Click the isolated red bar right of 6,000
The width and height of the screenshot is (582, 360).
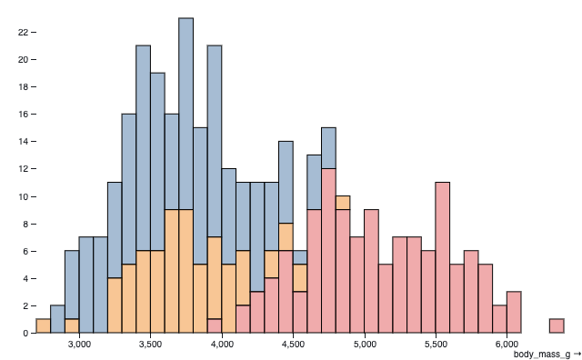pos(557,325)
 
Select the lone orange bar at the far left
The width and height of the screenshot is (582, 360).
pos(44,325)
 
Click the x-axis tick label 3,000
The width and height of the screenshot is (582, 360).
pos(79,345)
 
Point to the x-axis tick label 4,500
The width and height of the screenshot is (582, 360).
pos(293,345)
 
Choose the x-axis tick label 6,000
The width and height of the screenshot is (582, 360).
pos(507,345)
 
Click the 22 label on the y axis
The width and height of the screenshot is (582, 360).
pos(23,32)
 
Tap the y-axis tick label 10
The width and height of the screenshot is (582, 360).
pos(23,196)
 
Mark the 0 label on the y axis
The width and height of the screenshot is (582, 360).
pos(25,333)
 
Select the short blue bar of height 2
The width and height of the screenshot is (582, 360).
pos(57,319)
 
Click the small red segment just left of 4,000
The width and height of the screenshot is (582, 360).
pos(215,325)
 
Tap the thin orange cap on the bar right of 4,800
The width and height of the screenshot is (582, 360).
pos(343,203)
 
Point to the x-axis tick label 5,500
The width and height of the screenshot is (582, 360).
pos(436,345)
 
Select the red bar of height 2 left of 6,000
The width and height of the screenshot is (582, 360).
pos(499,319)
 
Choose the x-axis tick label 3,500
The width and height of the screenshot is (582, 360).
pos(150,345)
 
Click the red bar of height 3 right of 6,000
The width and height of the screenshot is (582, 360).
pos(514,312)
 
